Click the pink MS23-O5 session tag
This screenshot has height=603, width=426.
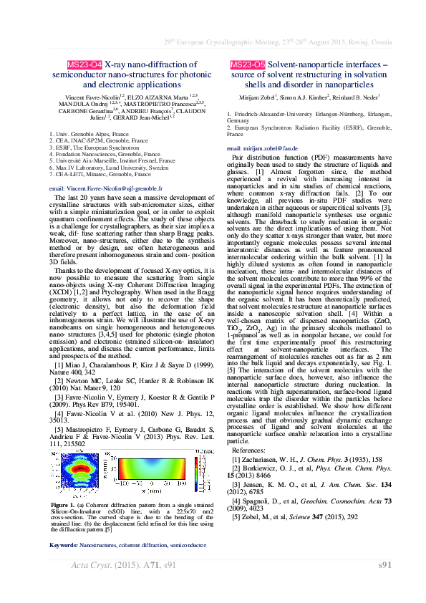(248, 64)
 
